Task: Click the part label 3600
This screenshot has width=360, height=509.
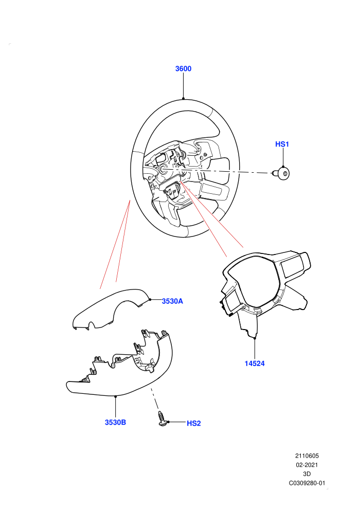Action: click(x=183, y=68)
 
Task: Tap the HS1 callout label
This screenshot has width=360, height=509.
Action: click(x=282, y=144)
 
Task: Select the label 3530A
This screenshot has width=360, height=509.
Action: click(x=172, y=301)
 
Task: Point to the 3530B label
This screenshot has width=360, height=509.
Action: click(x=115, y=422)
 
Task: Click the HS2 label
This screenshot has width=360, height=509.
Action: click(x=193, y=423)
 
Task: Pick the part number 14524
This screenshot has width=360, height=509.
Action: click(x=255, y=363)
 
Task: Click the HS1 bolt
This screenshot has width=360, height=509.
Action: click(x=281, y=173)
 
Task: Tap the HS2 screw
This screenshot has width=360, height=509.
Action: click(x=163, y=419)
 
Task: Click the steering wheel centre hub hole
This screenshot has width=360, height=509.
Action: click(x=163, y=168)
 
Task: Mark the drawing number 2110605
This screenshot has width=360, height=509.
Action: click(x=307, y=456)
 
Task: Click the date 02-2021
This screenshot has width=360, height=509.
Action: click(x=307, y=465)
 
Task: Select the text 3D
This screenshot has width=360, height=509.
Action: click(x=307, y=474)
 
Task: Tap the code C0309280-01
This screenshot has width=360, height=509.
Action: click(x=307, y=483)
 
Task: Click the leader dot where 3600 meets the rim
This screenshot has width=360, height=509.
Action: click(x=184, y=98)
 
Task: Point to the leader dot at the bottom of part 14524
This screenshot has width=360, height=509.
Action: click(x=255, y=338)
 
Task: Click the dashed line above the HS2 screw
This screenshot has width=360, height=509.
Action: click(x=154, y=398)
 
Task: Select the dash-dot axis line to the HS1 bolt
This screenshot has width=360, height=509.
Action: click(x=224, y=171)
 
